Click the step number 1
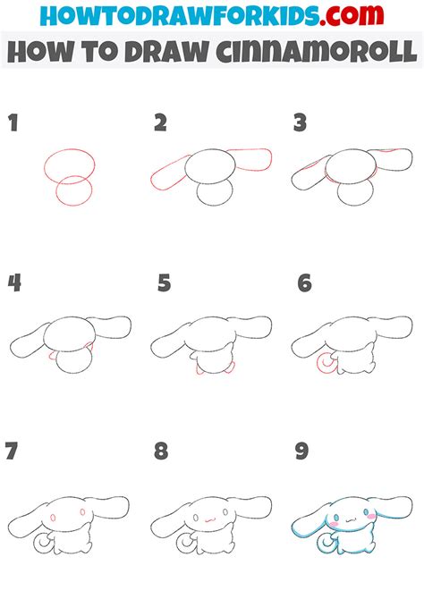[x=14, y=123]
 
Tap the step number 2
[x=160, y=123]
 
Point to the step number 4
[x=15, y=283]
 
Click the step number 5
[x=164, y=283]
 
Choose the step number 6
[x=305, y=283]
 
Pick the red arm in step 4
[x=87, y=348]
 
